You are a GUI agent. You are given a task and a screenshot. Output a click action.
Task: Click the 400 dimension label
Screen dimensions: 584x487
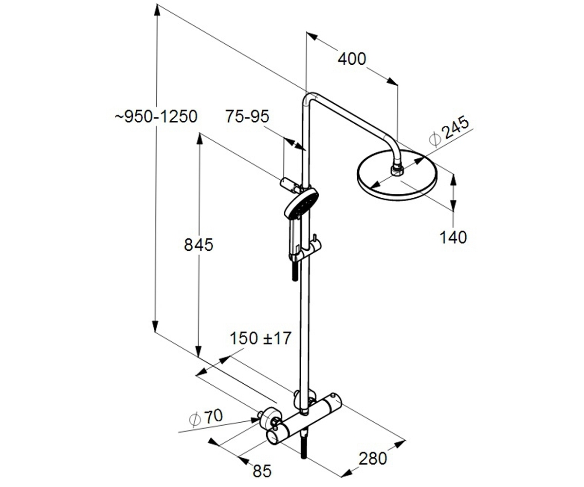352,59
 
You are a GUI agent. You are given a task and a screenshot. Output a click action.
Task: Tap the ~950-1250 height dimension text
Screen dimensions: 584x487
156,116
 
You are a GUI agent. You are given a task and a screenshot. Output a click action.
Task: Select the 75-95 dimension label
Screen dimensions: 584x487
247,116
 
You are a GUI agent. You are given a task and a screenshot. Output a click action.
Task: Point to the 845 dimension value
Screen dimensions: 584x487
199,244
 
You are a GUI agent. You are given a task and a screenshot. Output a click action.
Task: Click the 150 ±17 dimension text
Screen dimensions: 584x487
260,338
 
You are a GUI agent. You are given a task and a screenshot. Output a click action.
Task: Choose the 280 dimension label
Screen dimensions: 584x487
373,458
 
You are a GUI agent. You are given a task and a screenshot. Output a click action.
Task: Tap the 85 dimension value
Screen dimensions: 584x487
262,471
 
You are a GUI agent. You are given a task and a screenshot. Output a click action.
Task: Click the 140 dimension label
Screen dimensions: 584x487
454,237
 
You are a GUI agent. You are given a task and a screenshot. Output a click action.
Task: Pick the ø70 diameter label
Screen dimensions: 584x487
206,418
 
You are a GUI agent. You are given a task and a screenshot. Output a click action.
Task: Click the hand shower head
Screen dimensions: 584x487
301,204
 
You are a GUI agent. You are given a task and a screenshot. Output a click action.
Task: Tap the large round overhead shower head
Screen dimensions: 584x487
397,175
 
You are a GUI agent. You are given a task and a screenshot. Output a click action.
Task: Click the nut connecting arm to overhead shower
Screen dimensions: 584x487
398,170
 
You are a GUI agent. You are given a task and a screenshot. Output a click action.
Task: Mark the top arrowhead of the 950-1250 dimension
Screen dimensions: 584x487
157,11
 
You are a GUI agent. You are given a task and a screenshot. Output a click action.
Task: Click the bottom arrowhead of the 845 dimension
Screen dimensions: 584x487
198,351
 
